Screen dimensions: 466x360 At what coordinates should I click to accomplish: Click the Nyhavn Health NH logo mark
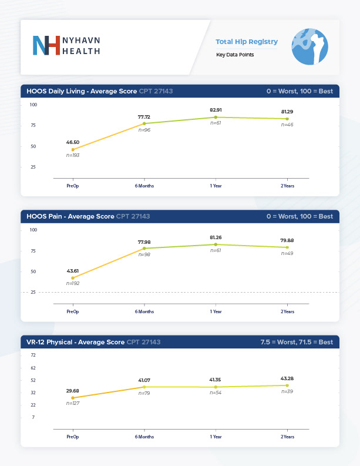click(x=46, y=46)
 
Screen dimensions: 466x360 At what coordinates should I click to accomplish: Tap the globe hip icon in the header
click(x=309, y=47)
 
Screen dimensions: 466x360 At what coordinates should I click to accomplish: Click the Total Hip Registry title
click(x=247, y=42)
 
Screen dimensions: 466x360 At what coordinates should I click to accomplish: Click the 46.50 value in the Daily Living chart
click(x=73, y=142)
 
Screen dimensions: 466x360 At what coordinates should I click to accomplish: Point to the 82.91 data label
click(x=216, y=110)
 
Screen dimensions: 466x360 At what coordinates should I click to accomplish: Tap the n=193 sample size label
click(x=73, y=155)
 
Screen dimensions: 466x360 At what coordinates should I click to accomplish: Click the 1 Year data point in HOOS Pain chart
click(x=216, y=244)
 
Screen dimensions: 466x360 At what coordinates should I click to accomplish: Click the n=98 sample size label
click(x=144, y=254)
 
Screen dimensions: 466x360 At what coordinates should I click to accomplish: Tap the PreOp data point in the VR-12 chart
click(x=73, y=398)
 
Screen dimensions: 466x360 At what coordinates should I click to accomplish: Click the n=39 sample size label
click(x=287, y=391)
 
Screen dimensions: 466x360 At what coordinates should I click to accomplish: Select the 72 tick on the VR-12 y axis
click(x=33, y=355)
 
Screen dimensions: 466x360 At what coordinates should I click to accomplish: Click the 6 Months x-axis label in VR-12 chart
click(x=144, y=437)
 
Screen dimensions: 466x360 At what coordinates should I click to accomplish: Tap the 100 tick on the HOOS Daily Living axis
click(x=33, y=105)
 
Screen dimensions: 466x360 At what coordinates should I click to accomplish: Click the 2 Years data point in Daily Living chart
click(x=287, y=119)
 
